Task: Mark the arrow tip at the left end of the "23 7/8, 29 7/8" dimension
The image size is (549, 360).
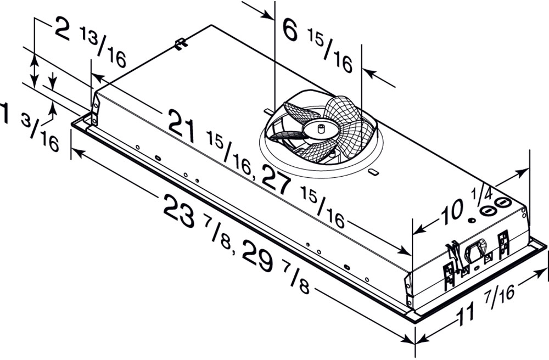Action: pos(71,150)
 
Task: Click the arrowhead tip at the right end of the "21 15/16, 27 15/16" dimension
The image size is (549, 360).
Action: pos(412,255)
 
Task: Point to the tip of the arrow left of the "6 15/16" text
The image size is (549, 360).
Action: pos(274,19)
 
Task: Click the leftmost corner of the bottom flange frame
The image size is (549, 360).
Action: pos(71,124)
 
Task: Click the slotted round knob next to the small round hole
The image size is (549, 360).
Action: pos(486,210)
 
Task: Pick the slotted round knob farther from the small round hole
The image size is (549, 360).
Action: pos(502,202)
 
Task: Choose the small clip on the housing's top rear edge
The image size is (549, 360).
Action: pos(180,44)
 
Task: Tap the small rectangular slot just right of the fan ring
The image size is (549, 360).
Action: pos(373,172)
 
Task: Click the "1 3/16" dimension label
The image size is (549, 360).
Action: pos(29,126)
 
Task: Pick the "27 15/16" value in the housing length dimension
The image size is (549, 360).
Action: pos(303,196)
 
